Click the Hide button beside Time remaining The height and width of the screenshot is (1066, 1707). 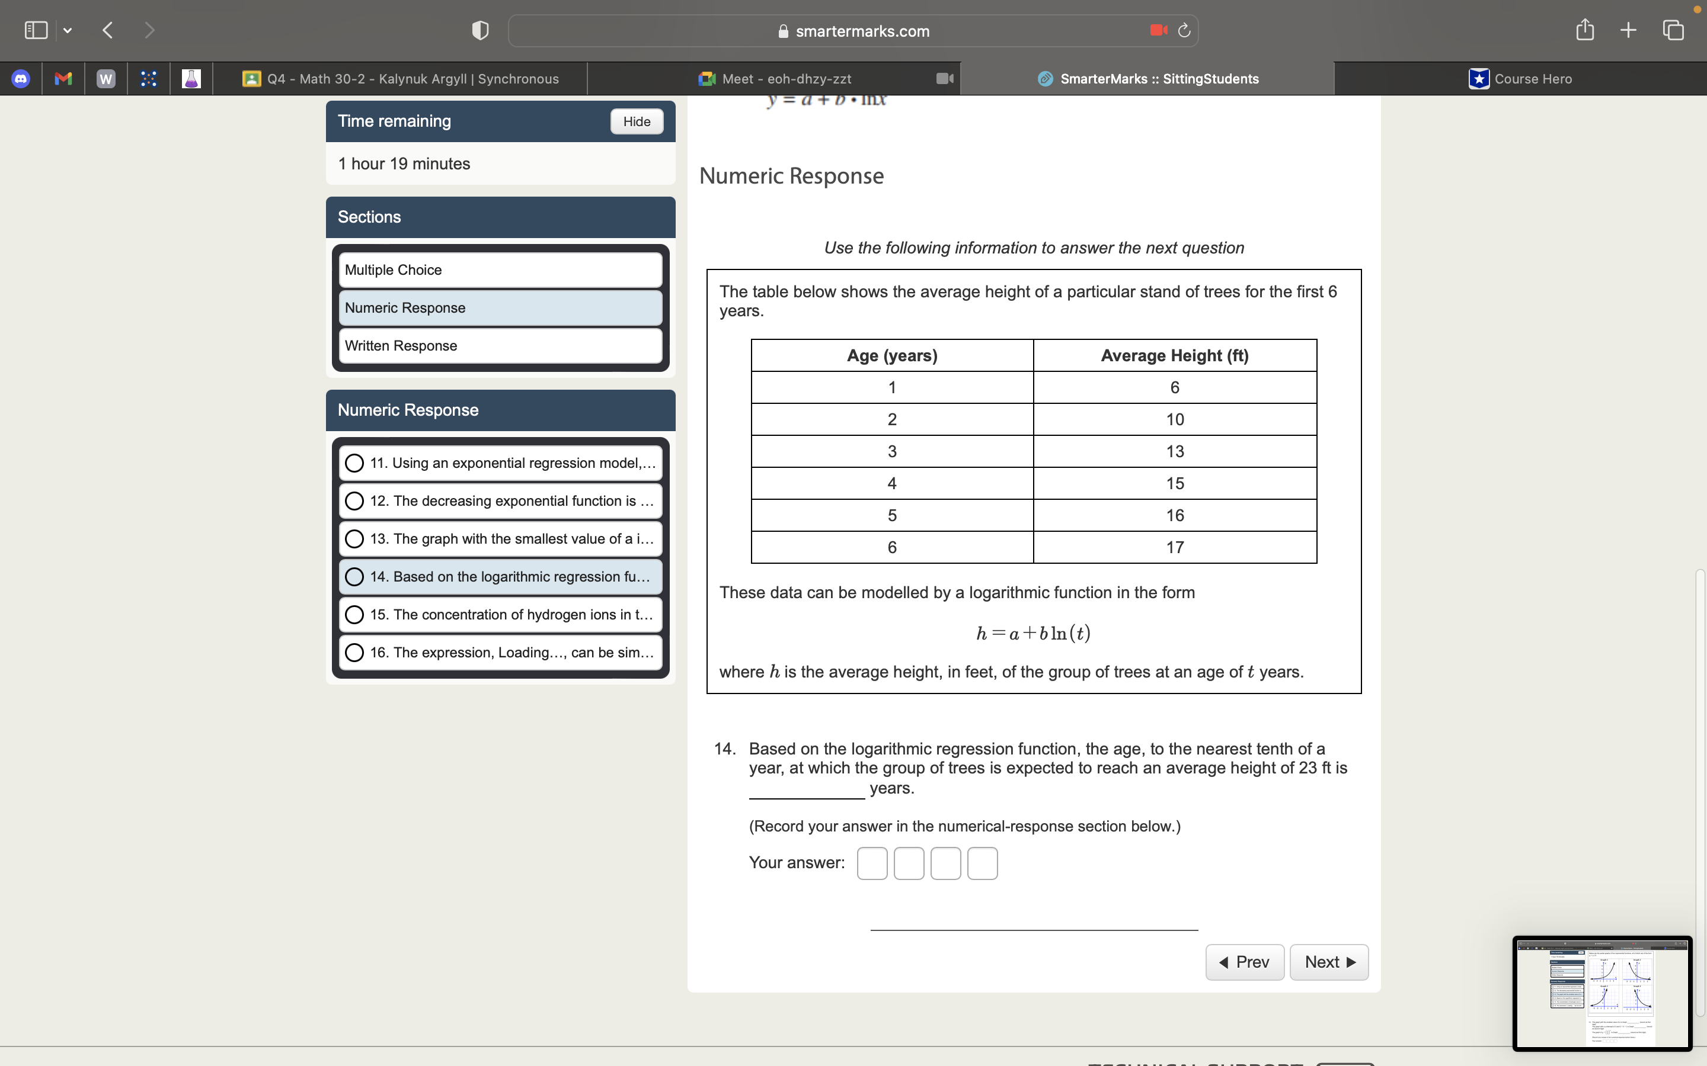point(636,121)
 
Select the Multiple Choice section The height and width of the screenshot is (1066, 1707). point(500,270)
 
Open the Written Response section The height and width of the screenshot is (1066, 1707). point(500,345)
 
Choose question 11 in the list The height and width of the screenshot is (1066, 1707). point(500,463)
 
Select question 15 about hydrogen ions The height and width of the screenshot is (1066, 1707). point(500,615)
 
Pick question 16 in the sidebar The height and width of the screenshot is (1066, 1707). point(500,653)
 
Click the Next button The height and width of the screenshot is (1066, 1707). point(1328,962)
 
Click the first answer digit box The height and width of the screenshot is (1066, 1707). point(872,863)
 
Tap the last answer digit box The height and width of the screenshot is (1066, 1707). point(982,863)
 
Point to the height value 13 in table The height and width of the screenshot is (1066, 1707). point(1174,452)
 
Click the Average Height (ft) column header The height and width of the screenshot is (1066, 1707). point(1174,356)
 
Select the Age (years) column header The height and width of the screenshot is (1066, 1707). point(891,356)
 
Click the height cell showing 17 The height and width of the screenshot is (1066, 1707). point(1174,548)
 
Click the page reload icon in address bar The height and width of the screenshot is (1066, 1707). point(1184,30)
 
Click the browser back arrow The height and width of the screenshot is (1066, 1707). point(108,30)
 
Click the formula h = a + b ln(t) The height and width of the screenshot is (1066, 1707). point(1033,633)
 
